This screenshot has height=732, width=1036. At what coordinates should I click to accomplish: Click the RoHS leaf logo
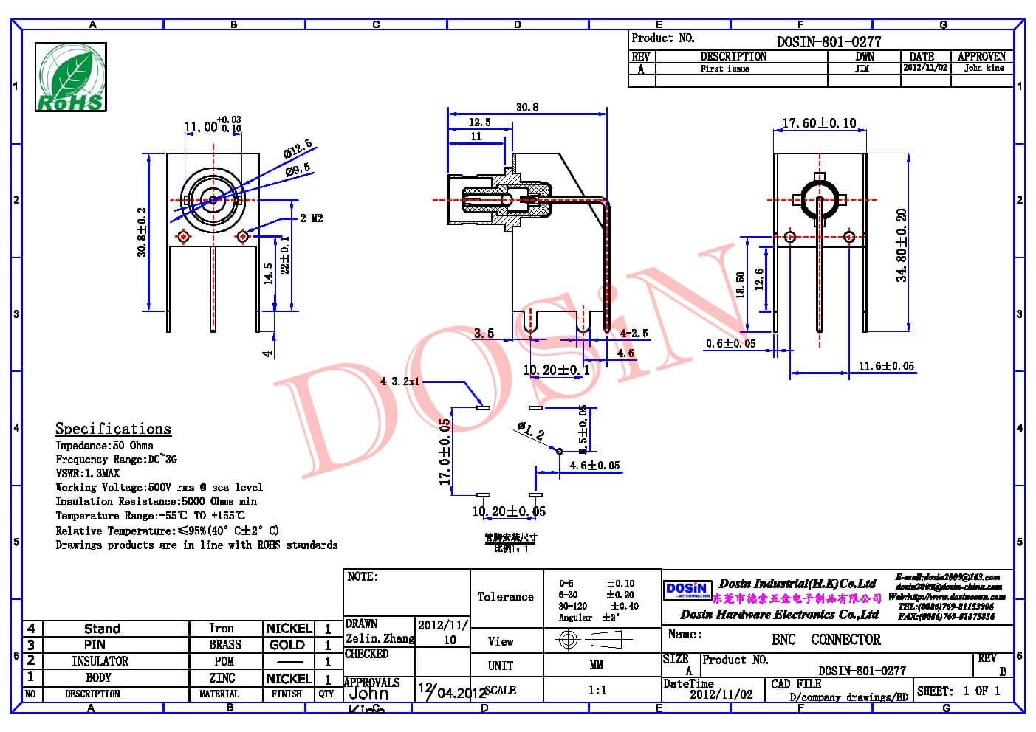point(71,77)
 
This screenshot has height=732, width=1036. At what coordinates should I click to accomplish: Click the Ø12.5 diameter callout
point(297,148)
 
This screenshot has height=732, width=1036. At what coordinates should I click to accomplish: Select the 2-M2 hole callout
point(311,218)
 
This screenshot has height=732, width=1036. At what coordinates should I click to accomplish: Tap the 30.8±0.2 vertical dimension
point(142,232)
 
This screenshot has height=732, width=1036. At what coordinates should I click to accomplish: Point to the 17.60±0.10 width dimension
point(819,123)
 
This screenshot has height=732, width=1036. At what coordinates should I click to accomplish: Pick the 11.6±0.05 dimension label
point(886,366)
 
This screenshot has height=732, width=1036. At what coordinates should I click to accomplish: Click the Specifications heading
point(113,429)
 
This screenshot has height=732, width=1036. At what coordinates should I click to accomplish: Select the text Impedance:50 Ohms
point(104,446)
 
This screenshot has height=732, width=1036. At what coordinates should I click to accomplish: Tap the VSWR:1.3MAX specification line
point(87,473)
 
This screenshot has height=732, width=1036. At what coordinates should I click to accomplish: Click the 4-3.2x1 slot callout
point(399,381)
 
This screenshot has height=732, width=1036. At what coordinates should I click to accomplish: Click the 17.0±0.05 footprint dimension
point(445,452)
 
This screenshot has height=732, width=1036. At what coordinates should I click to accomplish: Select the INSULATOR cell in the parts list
point(100,661)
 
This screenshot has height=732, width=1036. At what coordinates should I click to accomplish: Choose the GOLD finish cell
point(287,645)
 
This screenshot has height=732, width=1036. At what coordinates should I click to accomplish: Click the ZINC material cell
point(222,677)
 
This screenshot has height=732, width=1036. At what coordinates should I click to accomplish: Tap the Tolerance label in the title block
point(505,597)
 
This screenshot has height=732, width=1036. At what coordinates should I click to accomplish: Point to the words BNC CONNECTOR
point(826,640)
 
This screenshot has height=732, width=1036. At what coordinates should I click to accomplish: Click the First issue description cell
point(724,69)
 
